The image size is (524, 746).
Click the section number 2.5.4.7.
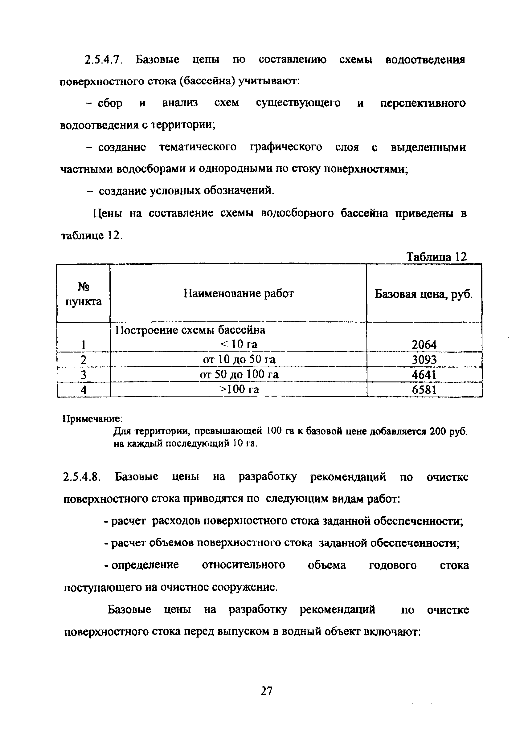pos(103,60)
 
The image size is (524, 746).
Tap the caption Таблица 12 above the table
pos(436,257)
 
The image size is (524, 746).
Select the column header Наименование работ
pos(238,294)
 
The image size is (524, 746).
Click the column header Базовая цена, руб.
pos(424,294)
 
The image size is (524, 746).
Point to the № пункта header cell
pos(84,294)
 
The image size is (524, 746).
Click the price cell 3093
pos(424,360)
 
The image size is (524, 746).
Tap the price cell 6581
pos(424,389)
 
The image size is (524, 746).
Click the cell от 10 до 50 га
pos(239,359)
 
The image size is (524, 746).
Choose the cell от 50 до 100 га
pos(239,375)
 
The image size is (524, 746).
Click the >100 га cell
pos(239,389)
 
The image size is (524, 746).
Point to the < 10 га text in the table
pos(239,344)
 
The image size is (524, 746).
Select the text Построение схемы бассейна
pos(190,330)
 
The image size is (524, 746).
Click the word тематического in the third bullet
pos(198,147)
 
